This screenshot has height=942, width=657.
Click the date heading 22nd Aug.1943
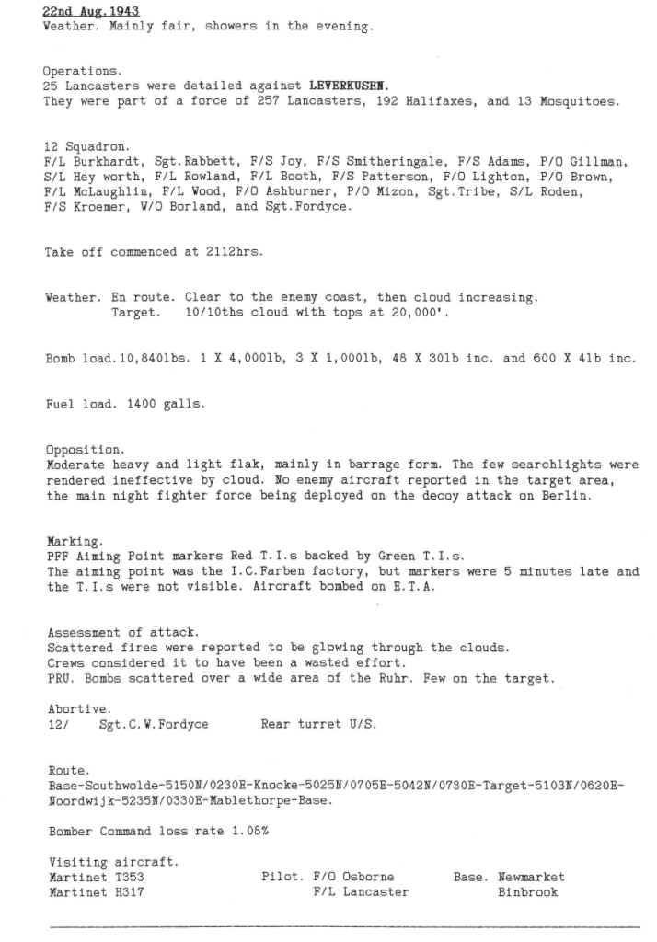coord(91,12)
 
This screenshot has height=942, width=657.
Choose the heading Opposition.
coord(84,450)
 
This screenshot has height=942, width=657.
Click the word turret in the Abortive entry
coord(320,724)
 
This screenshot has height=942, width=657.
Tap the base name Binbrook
coord(527,891)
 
